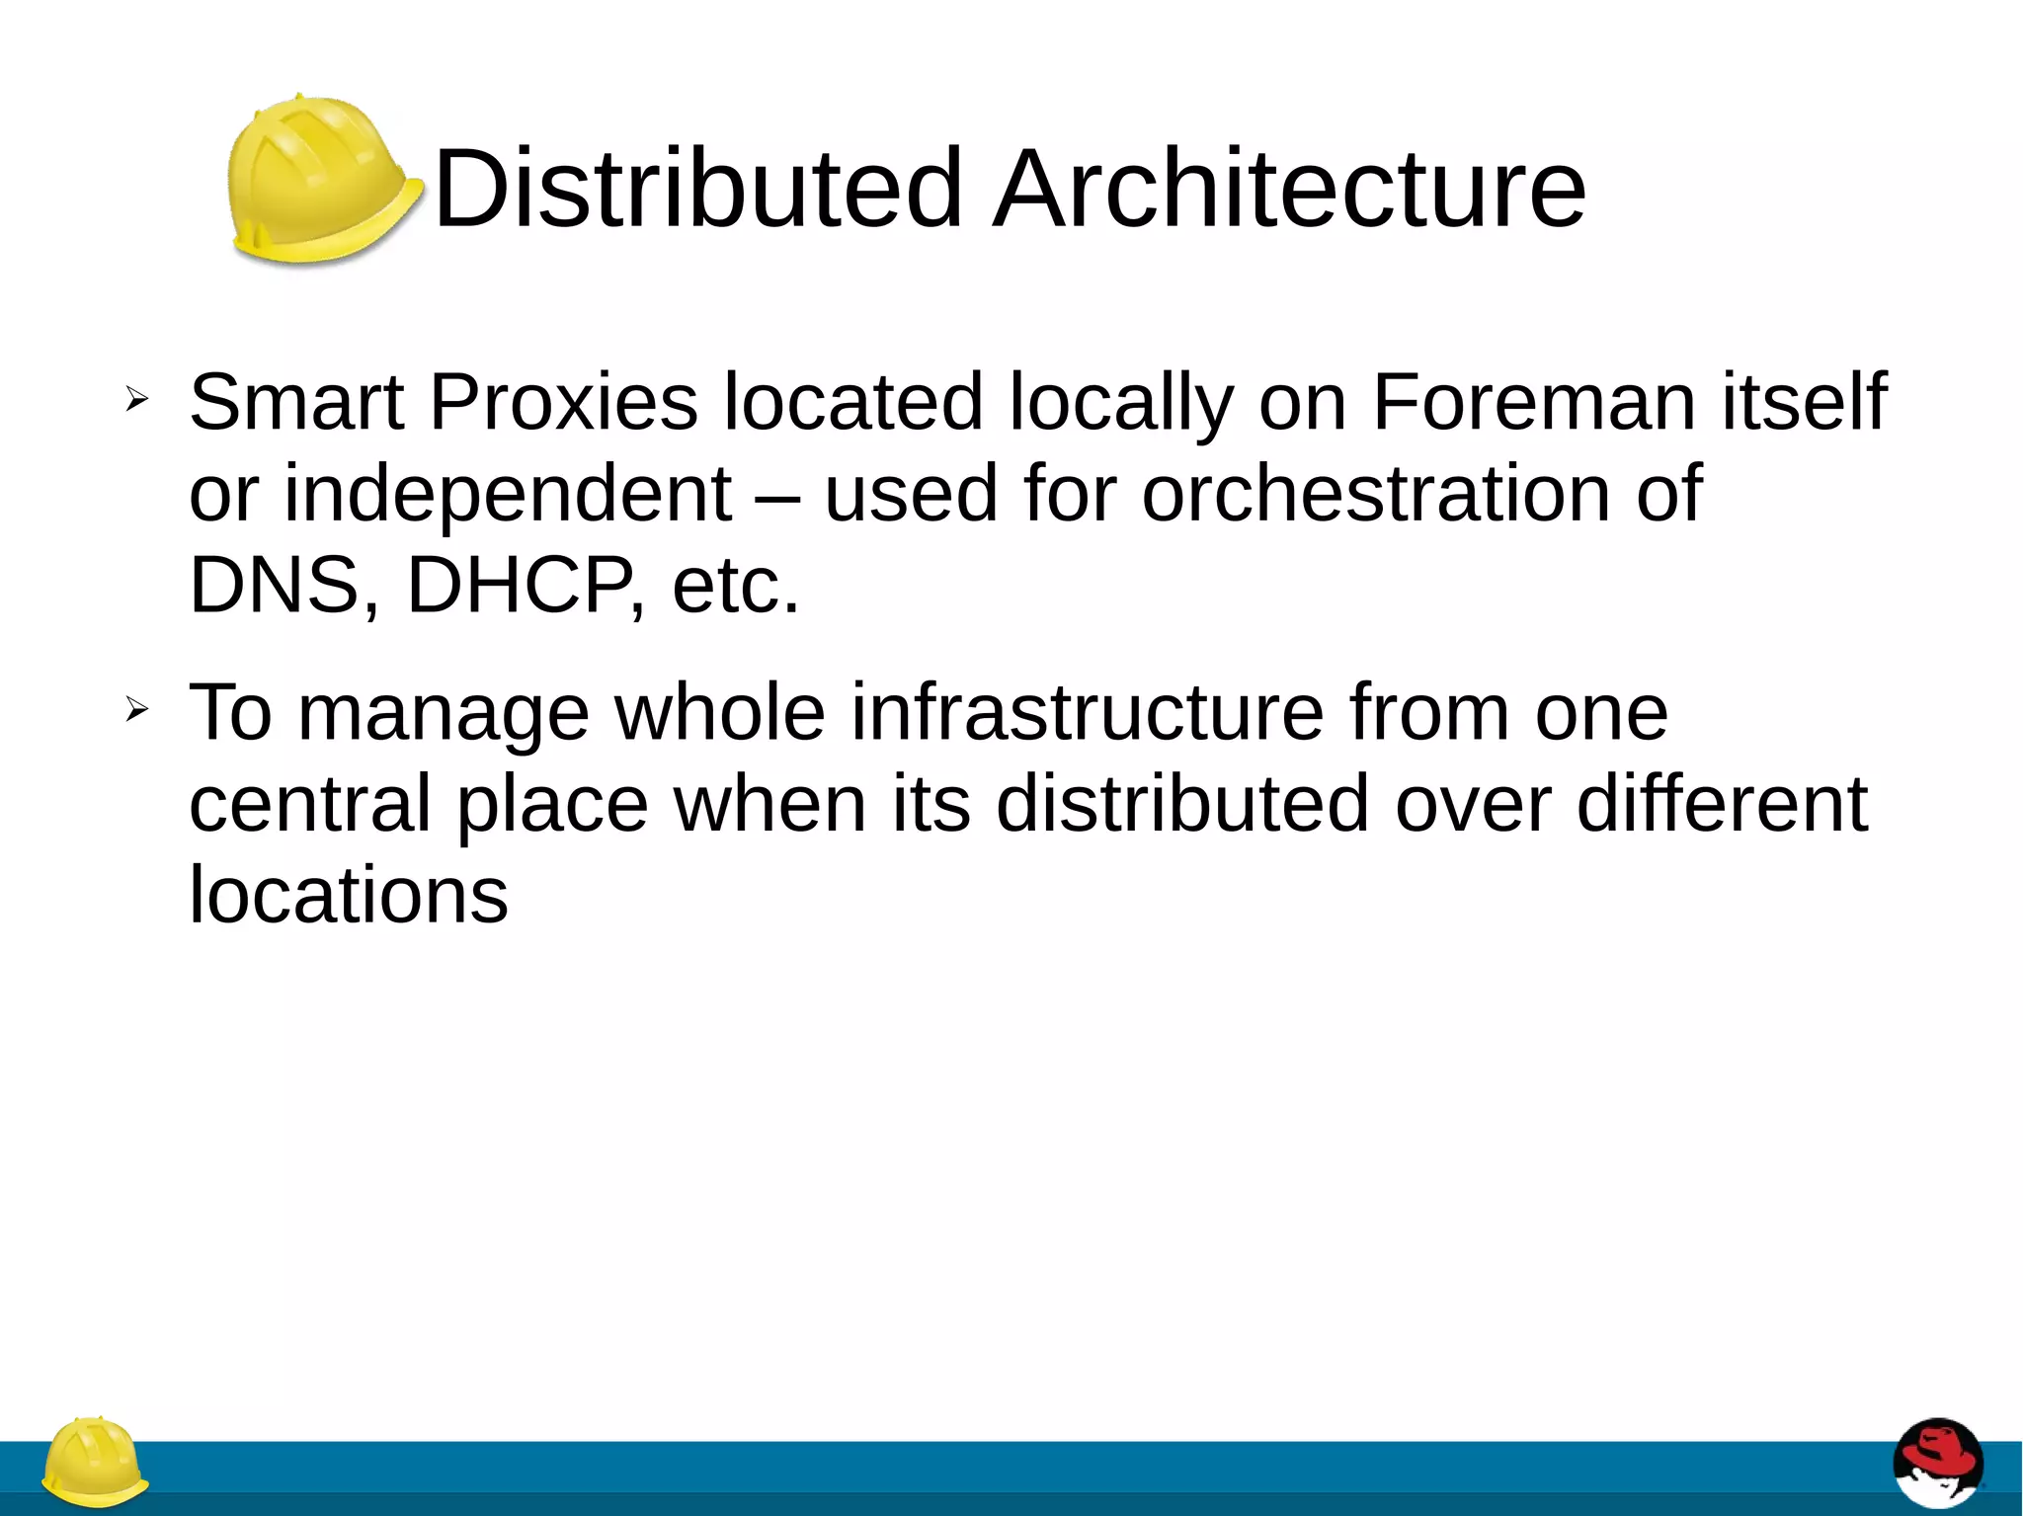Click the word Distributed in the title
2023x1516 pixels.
pyautogui.click(x=697, y=188)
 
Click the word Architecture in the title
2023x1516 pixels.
pyautogui.click(x=1290, y=188)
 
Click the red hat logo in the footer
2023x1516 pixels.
pyautogui.click(x=1937, y=1462)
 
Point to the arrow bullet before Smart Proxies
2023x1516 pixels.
pyautogui.click(x=136, y=399)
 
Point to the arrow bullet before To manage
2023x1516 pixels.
pyautogui.click(x=136, y=708)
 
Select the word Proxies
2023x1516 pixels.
pyautogui.click(x=564, y=402)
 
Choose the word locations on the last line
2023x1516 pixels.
pyautogui.click(x=348, y=896)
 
